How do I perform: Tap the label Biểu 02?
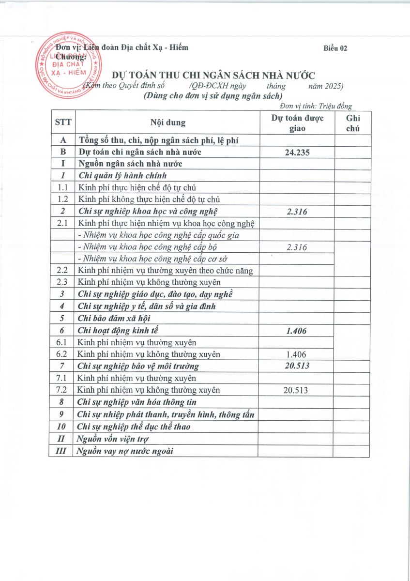tap(335, 47)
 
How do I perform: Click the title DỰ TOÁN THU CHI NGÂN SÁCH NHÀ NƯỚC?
tap(213, 75)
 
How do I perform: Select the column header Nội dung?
tap(167, 122)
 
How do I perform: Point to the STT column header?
tap(62, 122)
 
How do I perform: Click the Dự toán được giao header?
tap(296, 123)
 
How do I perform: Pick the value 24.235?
tap(296, 152)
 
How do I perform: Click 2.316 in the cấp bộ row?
tap(296, 247)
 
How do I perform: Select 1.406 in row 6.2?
tap(296, 354)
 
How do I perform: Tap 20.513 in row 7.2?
tap(296, 390)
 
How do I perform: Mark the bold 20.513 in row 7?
tap(296, 366)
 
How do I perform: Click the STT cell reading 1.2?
tap(62, 199)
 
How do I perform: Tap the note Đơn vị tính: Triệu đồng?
tap(316, 106)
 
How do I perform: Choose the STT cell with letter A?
tap(62, 140)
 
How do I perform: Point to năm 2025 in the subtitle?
tap(326, 86)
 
